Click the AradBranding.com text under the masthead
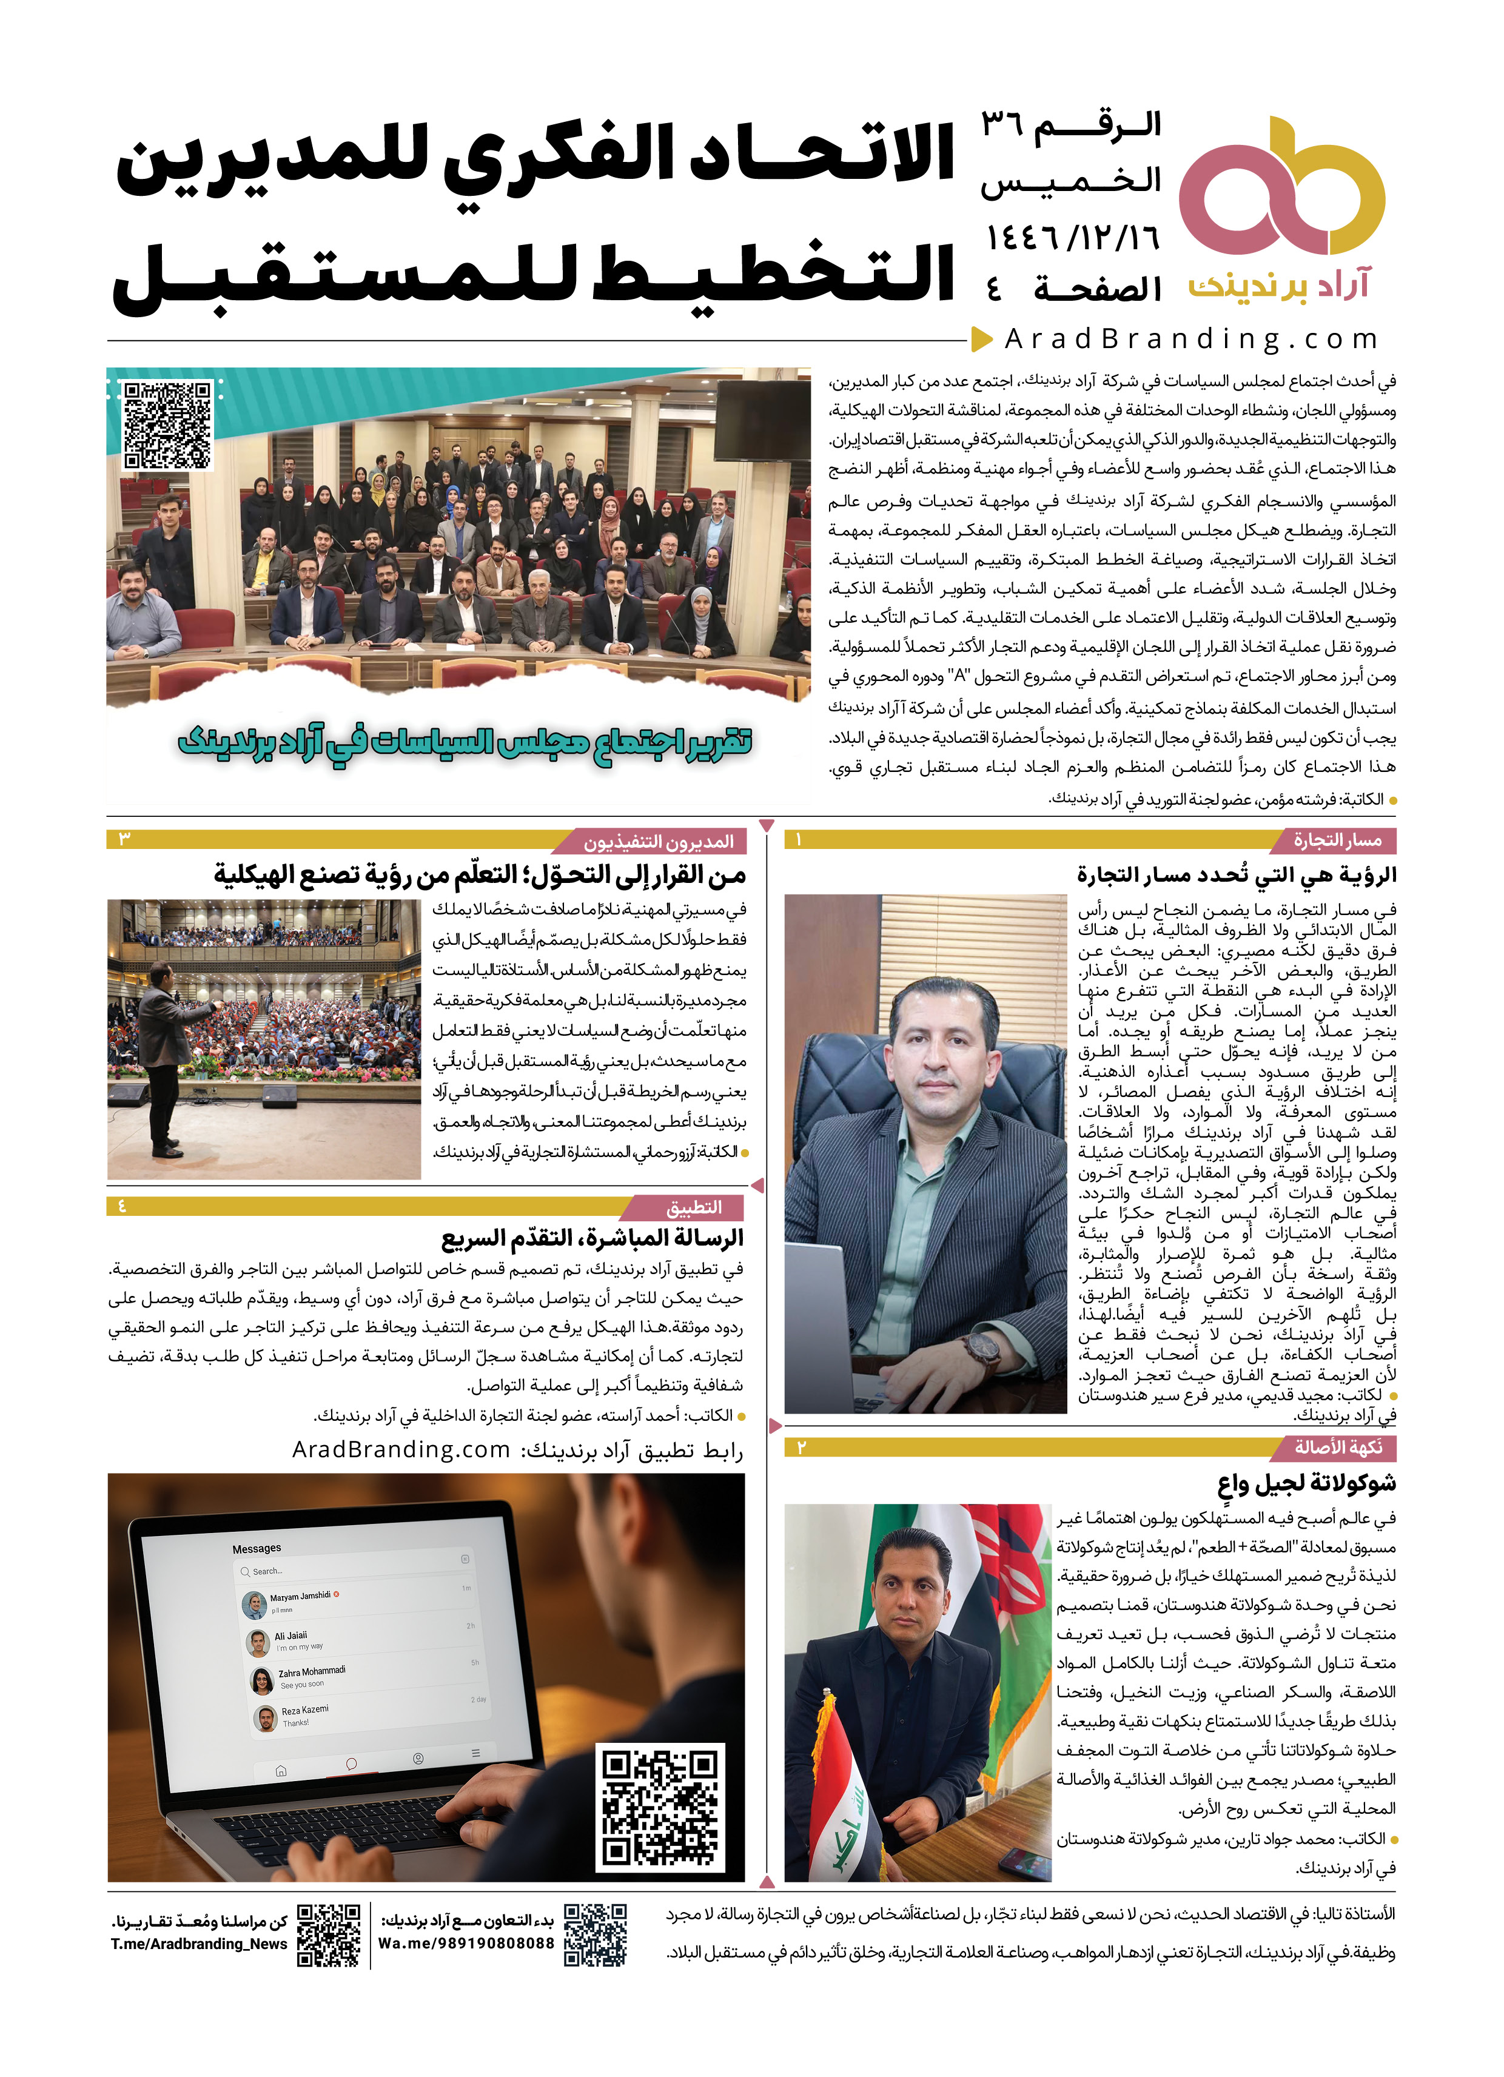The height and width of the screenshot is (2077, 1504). click(x=1190, y=339)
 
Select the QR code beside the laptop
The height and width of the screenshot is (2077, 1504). click(x=659, y=1807)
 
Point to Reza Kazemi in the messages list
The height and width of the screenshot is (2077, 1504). click(x=305, y=1709)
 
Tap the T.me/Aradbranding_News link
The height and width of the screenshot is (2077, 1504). click(x=199, y=1944)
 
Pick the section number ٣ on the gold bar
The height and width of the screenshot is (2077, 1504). click(x=124, y=839)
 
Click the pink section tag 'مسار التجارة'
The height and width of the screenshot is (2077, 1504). click(x=1337, y=840)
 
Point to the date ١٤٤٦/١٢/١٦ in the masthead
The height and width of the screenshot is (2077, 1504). click(x=1072, y=238)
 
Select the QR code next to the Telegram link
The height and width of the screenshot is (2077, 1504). click(x=329, y=1935)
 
